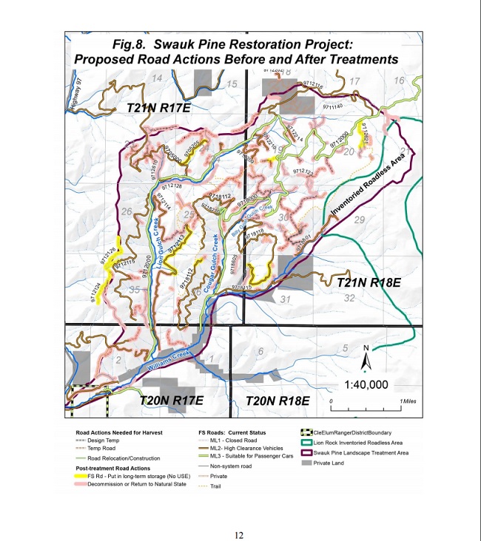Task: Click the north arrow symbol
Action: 366,360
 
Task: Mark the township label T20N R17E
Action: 172,400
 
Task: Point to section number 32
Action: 349,298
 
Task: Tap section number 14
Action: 157,78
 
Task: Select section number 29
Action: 360,221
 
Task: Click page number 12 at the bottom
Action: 239,534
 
